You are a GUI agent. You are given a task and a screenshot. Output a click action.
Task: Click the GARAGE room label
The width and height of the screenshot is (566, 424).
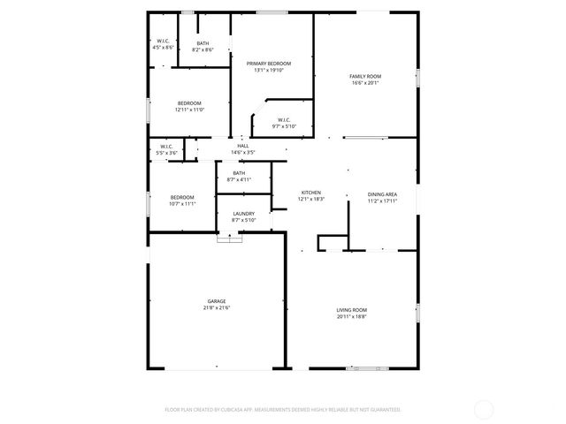coord(217,301)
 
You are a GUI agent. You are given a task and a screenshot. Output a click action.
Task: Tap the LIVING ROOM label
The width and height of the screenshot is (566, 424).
coord(351,310)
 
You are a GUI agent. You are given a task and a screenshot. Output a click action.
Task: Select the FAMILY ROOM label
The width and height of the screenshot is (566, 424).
coord(365,77)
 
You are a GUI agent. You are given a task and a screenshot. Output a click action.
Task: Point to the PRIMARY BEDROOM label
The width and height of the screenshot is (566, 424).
coord(269,64)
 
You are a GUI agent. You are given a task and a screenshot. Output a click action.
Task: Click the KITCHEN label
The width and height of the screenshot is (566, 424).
coord(310,193)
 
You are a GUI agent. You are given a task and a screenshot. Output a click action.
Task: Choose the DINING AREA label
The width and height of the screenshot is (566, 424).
coord(382,193)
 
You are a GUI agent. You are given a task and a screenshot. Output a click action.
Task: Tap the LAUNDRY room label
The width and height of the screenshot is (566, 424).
coord(244,214)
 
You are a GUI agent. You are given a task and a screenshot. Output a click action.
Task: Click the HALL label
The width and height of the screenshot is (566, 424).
coord(243,146)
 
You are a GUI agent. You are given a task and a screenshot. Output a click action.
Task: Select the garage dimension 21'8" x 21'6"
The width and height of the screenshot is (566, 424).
coord(217,307)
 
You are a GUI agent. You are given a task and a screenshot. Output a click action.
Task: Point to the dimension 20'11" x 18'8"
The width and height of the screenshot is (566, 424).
coord(351,316)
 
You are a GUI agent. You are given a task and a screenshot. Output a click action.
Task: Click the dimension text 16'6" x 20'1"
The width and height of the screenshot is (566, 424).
coord(365,83)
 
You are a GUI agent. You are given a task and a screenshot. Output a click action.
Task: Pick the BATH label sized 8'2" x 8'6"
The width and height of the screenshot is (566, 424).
coord(203,43)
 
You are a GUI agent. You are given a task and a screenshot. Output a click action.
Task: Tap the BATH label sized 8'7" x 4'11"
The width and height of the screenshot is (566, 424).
coord(239,173)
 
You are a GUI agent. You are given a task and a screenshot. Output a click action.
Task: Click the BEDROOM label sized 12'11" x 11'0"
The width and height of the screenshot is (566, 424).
coord(189,103)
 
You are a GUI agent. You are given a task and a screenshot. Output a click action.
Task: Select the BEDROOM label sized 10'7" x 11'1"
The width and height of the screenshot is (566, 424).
coord(182,197)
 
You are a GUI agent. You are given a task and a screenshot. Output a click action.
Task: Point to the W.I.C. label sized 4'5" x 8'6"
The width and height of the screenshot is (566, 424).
coord(163,41)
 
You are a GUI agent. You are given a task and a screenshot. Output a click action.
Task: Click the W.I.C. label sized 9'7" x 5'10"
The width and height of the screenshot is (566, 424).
coord(284,120)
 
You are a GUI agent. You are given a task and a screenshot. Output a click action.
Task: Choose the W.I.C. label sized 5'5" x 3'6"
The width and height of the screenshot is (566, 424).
coord(166,147)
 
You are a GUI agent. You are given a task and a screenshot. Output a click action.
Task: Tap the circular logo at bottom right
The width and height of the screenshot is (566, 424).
coord(484,409)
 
